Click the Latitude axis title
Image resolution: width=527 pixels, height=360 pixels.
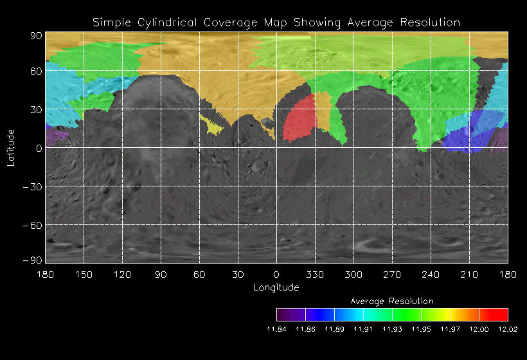11,147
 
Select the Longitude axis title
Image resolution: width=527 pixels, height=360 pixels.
276,287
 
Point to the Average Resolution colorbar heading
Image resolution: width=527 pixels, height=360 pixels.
392,301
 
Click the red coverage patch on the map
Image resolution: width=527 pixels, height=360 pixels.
299,118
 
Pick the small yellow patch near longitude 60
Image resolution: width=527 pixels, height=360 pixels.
213,125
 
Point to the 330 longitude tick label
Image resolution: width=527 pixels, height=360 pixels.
315,274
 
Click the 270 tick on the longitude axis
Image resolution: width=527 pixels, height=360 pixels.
392,274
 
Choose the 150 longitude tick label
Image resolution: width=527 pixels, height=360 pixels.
84,274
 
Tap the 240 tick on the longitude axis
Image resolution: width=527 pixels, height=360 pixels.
431,274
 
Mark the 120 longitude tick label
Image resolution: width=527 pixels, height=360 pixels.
122,274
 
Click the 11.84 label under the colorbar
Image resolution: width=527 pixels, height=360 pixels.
276,329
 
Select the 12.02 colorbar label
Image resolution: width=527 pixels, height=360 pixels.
508,329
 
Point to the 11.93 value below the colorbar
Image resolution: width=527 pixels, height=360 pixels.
392,329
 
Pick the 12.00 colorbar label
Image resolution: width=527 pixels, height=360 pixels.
479,329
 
